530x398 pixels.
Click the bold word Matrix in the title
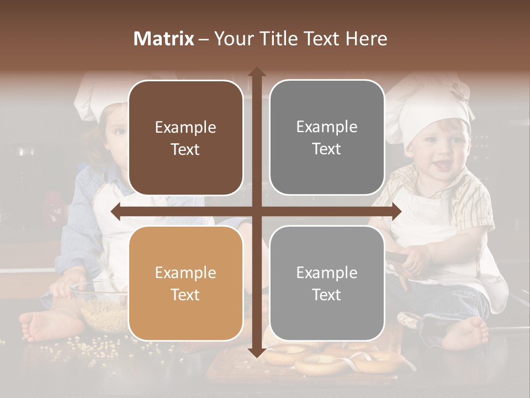click(165, 39)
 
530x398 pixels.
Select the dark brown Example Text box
click(185, 138)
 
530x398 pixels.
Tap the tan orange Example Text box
click(185, 284)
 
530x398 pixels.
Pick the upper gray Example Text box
click(327, 138)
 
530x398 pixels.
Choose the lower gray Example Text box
click(327, 283)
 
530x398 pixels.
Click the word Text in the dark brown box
click(185, 149)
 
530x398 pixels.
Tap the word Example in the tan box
click(185, 273)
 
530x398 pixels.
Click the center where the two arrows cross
click(256, 211)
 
